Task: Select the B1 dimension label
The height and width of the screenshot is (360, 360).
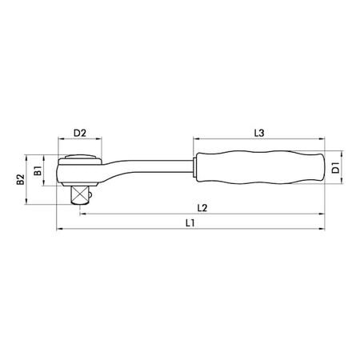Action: coord(37,170)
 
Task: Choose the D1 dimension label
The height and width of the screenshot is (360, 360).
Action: coord(337,167)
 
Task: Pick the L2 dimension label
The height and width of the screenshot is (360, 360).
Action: coord(202,207)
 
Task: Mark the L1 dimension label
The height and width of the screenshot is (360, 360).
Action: coord(190,224)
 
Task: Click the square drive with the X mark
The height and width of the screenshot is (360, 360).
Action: coord(81,194)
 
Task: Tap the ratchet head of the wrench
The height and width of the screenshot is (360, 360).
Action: coord(80,170)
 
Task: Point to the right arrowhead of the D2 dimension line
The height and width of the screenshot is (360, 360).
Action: coord(101,140)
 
